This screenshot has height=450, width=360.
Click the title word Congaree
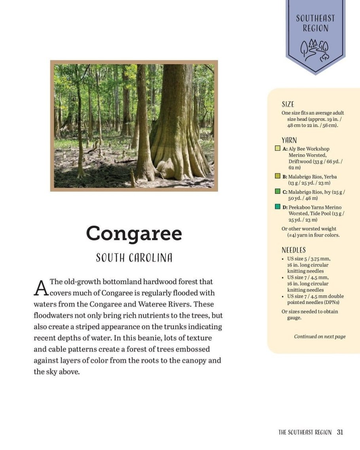click(x=134, y=234)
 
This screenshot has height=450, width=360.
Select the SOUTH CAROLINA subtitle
click(x=134, y=258)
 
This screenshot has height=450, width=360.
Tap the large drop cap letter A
click(x=41, y=288)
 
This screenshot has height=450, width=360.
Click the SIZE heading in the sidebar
click(x=288, y=104)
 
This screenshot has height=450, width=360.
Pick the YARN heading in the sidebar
click(x=289, y=140)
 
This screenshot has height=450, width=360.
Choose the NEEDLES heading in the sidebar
click(x=294, y=250)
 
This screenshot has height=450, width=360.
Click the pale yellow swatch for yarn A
click(x=278, y=149)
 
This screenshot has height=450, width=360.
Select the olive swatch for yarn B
click(x=278, y=176)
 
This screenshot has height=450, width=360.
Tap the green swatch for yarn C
click(x=278, y=192)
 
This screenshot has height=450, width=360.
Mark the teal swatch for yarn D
click(x=278, y=207)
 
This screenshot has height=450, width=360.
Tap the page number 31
click(x=340, y=432)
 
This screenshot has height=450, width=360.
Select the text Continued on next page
click(x=320, y=336)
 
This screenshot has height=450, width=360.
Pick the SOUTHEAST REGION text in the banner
click(x=315, y=23)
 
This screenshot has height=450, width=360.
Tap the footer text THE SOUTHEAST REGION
click(x=305, y=432)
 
